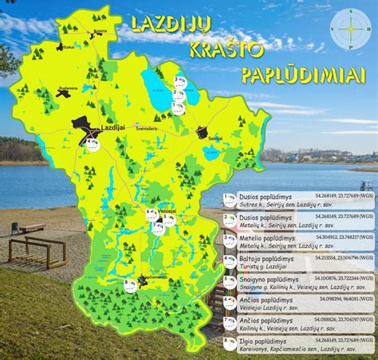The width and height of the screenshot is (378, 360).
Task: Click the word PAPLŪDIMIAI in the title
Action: point(296,74)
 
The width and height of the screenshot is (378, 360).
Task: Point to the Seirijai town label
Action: point(214,138)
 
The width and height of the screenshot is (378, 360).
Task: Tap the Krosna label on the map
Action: point(100,31)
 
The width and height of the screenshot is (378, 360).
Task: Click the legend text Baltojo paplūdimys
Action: point(262,259)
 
